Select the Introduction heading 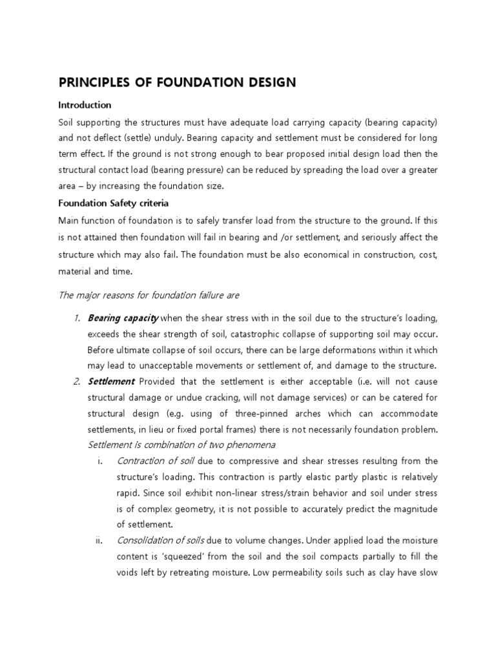point(85,105)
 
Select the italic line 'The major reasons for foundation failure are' point(149,295)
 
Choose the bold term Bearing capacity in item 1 point(122,318)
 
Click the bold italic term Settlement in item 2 point(110,381)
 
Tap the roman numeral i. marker point(100,461)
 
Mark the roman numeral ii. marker point(99,540)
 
